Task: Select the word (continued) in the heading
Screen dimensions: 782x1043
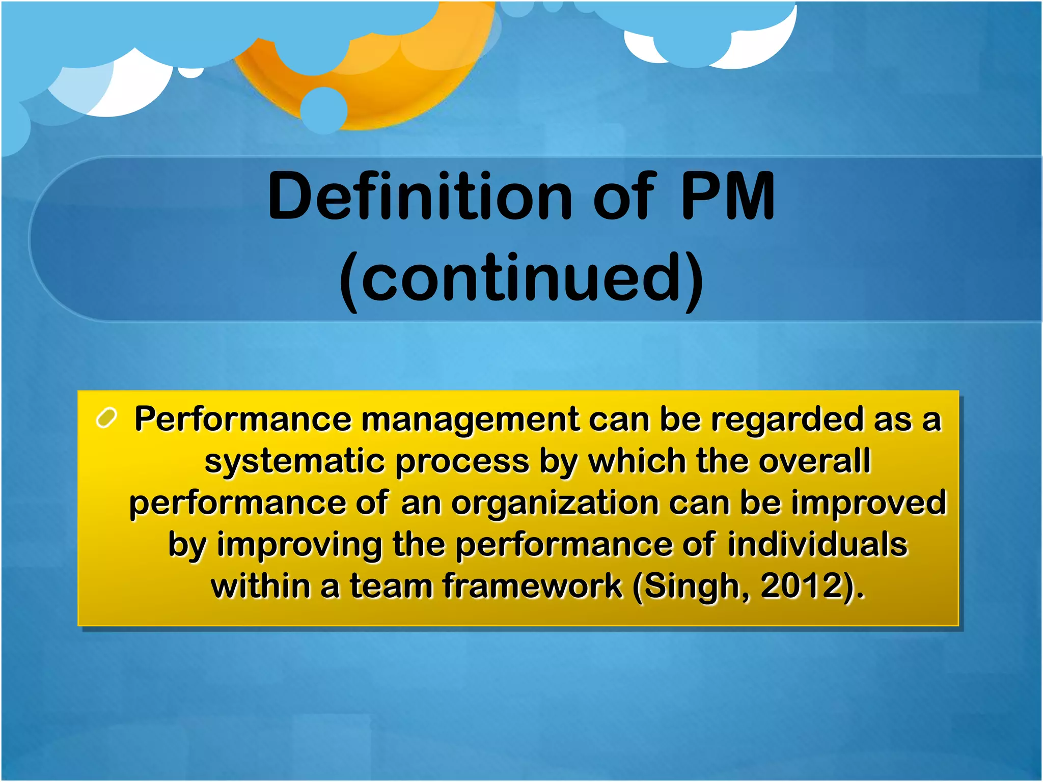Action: tap(521, 278)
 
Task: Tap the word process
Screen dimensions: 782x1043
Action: tap(462, 462)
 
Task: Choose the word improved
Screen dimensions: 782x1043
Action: tap(868, 503)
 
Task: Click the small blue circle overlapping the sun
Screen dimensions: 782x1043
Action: tap(324, 110)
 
